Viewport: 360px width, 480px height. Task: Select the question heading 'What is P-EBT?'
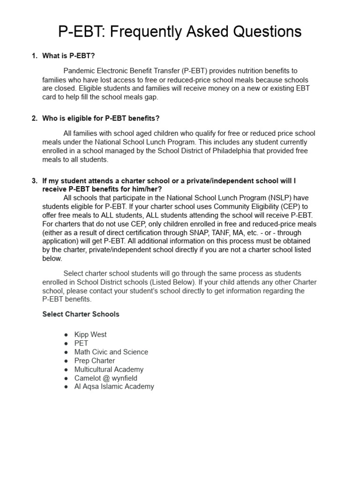68,56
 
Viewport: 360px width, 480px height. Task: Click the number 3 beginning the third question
34,180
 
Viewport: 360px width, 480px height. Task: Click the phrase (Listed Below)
173,282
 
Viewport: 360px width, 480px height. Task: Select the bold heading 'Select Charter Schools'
81,314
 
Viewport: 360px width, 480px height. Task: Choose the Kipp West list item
90,335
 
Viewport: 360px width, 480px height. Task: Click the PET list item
81,343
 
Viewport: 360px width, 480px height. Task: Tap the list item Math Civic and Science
111,352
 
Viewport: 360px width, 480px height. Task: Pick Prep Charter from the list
94,360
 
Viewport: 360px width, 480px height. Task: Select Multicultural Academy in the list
109,369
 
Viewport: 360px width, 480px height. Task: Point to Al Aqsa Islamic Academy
114,387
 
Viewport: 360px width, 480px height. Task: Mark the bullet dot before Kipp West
66,335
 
